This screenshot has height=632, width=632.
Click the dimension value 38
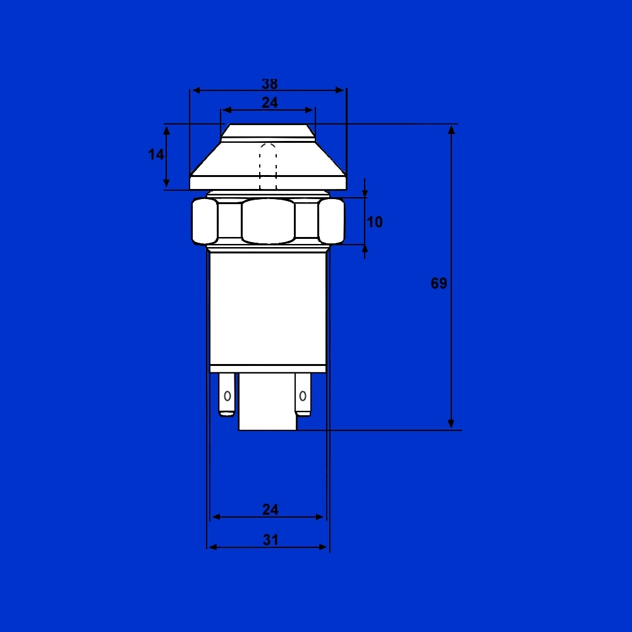270,84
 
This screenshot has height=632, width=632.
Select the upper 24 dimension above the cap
270,103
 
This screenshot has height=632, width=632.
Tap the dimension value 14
156,154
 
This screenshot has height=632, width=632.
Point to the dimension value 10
374,222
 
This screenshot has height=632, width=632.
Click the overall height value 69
439,283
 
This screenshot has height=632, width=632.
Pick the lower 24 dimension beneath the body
270,509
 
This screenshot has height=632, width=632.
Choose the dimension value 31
270,540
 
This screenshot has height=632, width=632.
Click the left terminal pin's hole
228,396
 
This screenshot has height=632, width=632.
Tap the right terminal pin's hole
303,396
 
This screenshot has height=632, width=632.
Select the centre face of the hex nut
268,221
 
